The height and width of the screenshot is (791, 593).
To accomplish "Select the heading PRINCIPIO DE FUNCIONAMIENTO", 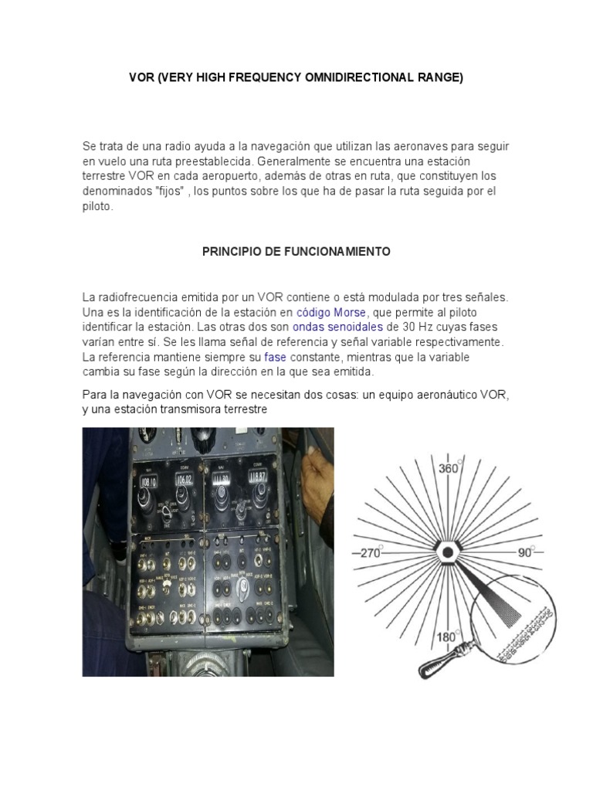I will pos(296,252).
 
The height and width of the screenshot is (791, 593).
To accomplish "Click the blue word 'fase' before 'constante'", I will pos(275,357).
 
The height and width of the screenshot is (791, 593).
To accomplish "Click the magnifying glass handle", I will pos(439,657).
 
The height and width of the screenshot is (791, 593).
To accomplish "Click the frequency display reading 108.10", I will pos(150,483).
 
